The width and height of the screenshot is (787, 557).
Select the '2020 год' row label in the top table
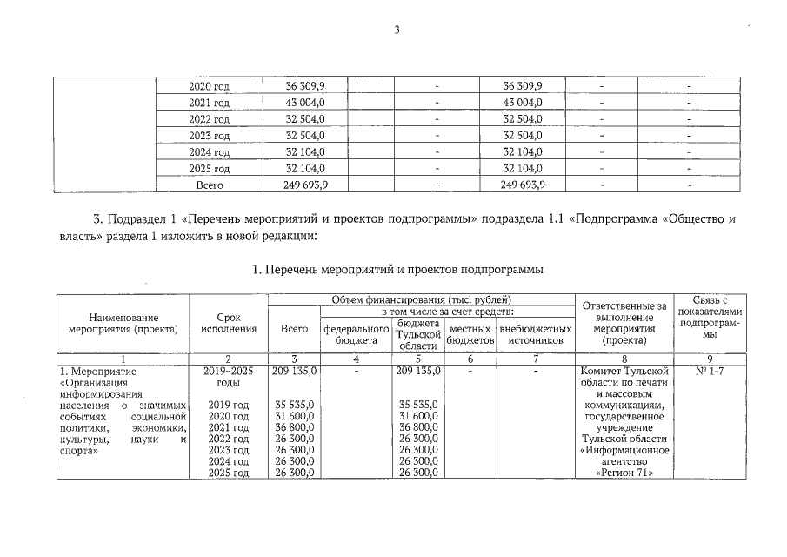point(209,86)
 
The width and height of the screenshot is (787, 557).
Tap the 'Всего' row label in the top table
point(209,185)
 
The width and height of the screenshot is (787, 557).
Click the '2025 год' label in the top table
point(209,168)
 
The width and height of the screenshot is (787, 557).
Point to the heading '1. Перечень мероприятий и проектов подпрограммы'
point(397,270)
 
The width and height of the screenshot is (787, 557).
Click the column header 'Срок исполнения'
point(228,323)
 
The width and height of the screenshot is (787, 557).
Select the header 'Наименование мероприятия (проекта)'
point(123,323)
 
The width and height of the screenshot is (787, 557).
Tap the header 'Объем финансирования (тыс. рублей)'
point(419,299)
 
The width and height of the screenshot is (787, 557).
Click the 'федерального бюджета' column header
point(356,335)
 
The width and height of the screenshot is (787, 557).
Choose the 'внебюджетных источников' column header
point(536,335)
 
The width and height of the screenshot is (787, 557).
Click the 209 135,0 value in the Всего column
point(294,370)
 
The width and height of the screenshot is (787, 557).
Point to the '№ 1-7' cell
point(710,370)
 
